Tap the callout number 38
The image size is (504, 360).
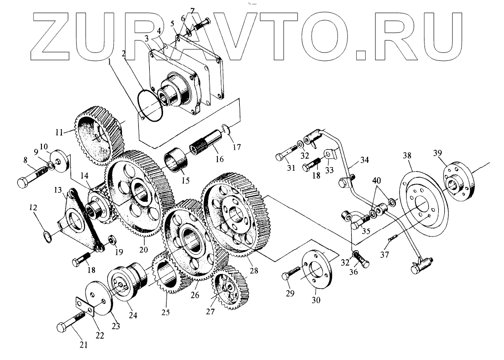[407, 156]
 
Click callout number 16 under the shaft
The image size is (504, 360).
[219, 159]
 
